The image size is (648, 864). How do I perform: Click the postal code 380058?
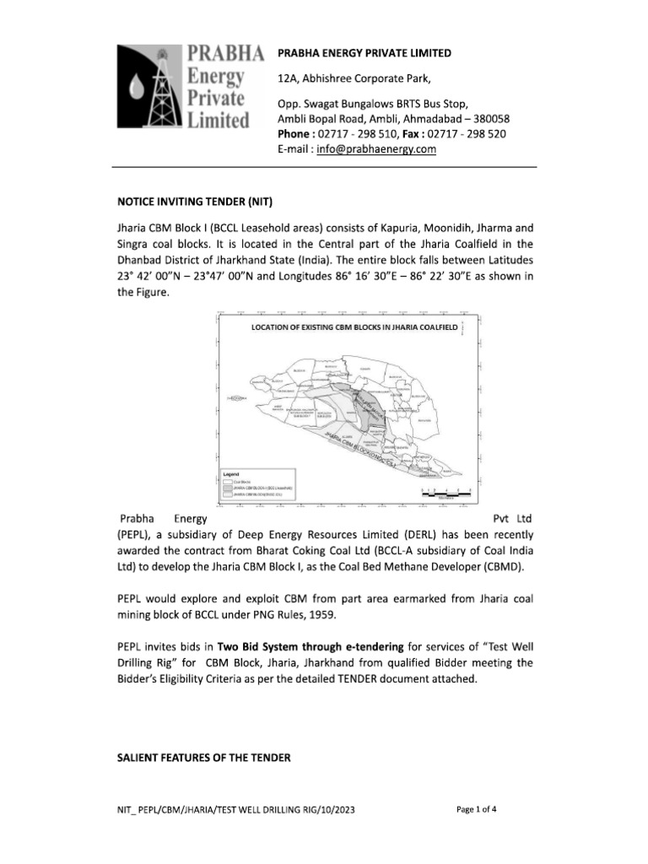coord(489,119)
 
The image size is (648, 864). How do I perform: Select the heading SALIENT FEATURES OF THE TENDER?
coord(203,759)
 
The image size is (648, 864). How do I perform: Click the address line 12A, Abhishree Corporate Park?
coord(354,80)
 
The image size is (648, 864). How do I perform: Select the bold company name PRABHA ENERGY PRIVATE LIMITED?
coord(364,53)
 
